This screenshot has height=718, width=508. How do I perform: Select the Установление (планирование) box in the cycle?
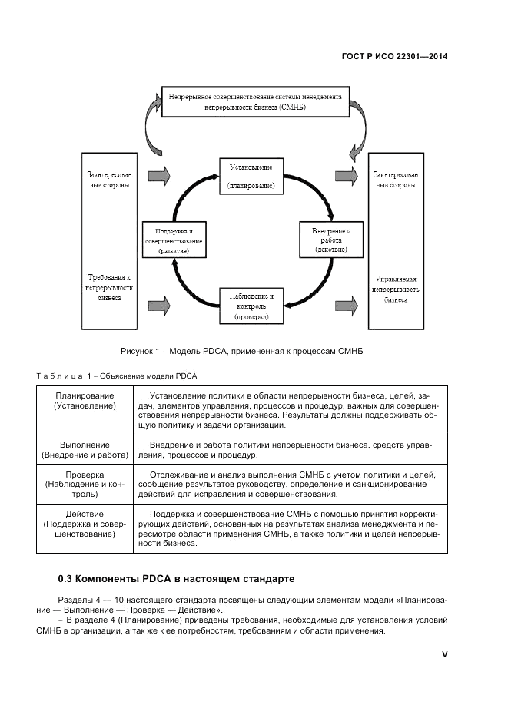251,176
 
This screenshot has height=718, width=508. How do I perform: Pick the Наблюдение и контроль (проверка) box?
251,305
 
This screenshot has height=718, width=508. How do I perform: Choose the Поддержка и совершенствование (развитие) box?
174,240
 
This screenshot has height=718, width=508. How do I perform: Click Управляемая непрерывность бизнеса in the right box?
397,290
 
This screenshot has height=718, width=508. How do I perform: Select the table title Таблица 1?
117,376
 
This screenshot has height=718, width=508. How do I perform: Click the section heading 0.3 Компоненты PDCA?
176,577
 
